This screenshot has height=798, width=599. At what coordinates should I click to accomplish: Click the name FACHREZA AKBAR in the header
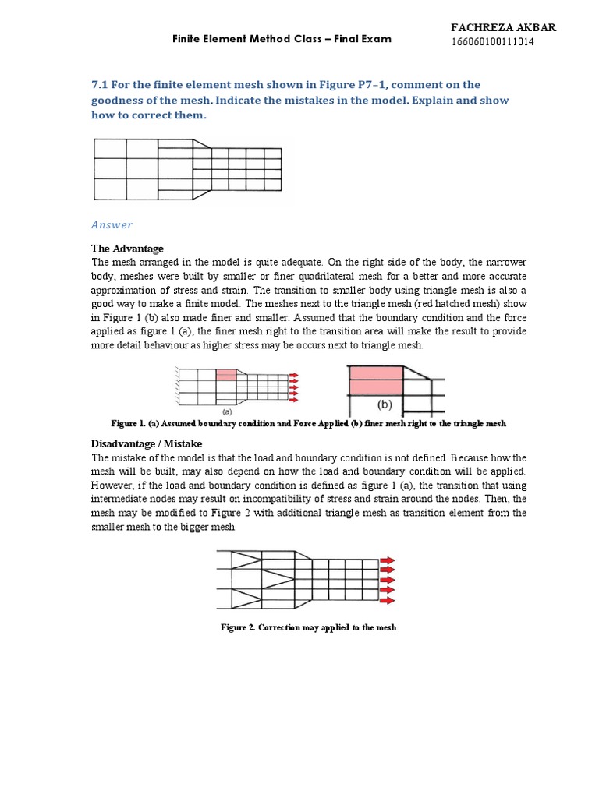[503, 28]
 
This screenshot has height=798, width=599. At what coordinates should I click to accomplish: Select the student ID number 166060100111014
[493, 42]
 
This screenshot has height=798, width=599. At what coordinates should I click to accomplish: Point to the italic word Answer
[112, 225]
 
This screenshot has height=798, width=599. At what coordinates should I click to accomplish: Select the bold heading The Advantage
[128, 249]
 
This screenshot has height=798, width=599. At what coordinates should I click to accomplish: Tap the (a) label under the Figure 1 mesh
[227, 410]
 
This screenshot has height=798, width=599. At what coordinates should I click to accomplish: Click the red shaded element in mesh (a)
[225, 375]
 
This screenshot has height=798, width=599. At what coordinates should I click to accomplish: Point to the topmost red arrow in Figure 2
[388, 560]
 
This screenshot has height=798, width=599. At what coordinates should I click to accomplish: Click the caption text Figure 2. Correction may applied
[309, 627]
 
